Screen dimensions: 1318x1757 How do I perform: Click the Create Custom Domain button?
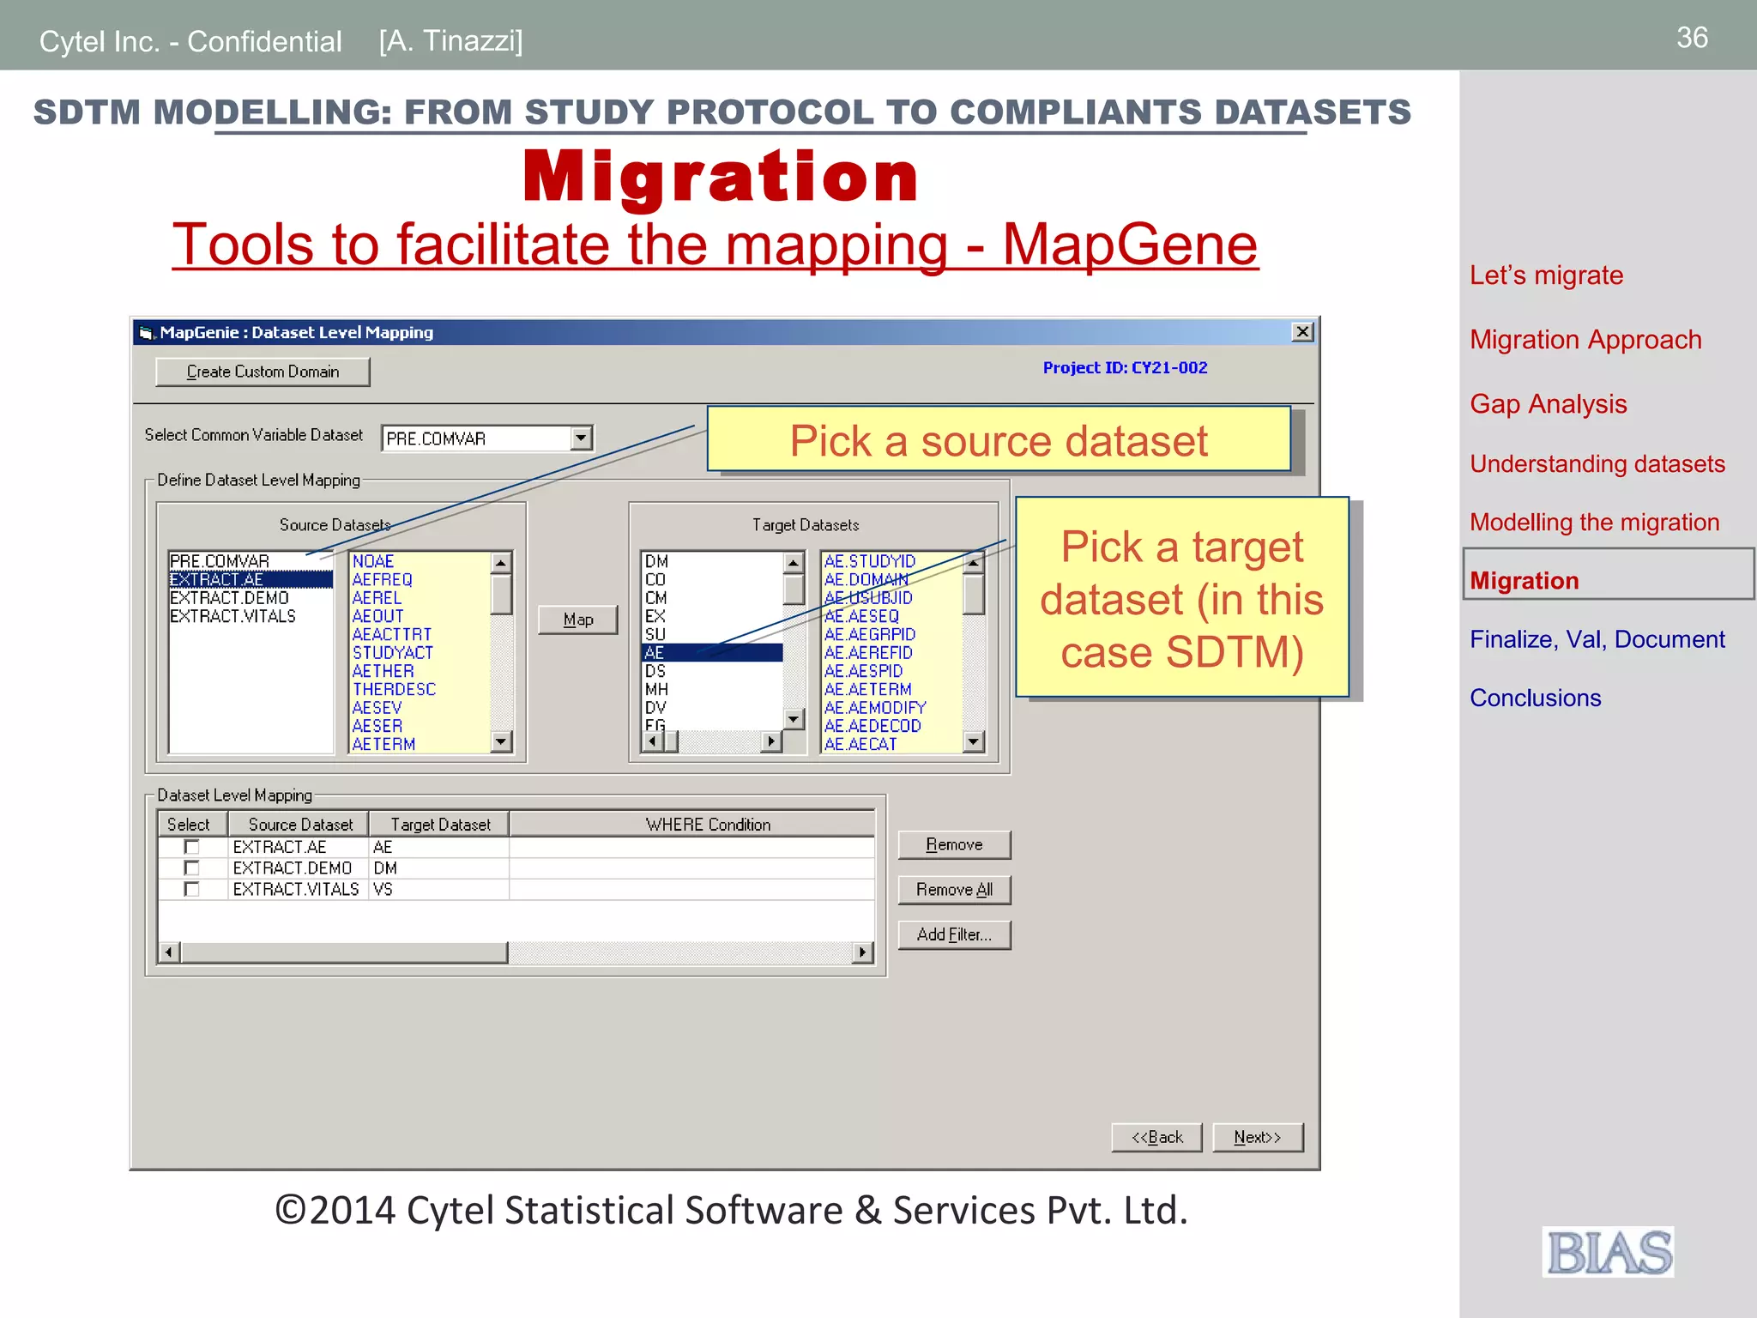[263, 372]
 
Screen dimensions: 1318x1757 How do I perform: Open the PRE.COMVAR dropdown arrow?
[581, 438]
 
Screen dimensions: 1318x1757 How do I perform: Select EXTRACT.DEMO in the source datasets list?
[229, 598]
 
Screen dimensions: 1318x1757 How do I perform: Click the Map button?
[577, 620]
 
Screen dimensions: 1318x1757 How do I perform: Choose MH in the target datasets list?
[656, 689]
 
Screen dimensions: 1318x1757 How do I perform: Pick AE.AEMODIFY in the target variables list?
[874, 708]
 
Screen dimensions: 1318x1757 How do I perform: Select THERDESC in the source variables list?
[394, 689]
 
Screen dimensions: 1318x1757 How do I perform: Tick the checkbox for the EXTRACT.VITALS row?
[192, 889]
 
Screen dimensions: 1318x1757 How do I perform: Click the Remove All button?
[954, 890]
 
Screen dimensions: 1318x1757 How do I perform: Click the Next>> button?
[1257, 1137]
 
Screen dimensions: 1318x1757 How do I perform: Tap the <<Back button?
[1156, 1137]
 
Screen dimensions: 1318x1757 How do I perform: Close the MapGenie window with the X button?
[1301, 332]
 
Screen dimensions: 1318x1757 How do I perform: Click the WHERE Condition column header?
[708, 825]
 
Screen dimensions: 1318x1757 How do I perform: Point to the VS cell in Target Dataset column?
[383, 889]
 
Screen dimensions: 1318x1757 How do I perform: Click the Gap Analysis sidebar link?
[1548, 404]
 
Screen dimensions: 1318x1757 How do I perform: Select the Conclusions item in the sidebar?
[1535, 698]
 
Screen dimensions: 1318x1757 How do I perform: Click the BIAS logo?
[1609, 1252]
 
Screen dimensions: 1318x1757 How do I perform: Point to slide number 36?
[1692, 38]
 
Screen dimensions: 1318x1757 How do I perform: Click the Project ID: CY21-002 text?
[1125, 367]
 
